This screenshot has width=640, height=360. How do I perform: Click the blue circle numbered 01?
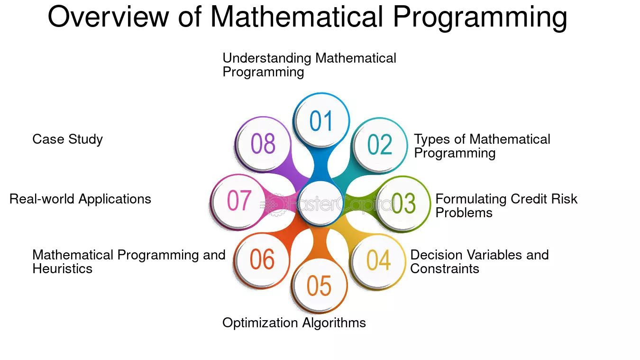point(321,120)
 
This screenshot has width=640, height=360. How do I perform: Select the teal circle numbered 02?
point(379,145)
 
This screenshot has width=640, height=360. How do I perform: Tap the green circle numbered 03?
point(402,203)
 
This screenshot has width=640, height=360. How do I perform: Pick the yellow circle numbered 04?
point(378,261)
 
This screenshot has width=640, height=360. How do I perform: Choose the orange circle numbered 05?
point(319,286)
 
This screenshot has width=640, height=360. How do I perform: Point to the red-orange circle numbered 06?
point(261,260)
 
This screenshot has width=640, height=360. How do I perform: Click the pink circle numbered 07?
point(238,202)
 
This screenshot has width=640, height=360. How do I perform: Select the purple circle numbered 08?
point(263,144)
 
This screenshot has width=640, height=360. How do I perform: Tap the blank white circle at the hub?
point(320,203)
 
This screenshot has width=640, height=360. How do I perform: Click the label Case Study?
point(67,139)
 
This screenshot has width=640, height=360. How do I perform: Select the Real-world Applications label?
point(80,199)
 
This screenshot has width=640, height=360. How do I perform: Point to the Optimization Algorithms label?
point(294,323)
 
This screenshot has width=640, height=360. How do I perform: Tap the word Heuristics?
point(62,269)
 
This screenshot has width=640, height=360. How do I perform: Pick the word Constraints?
point(445,269)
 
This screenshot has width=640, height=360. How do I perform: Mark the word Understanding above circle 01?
point(267,58)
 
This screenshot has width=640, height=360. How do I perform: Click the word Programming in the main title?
point(480,17)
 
